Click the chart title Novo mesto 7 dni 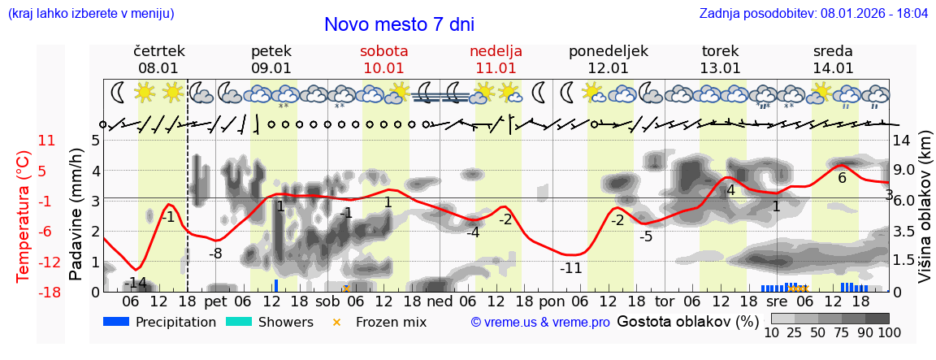[399, 24]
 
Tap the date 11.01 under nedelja [496, 68]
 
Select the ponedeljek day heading [608, 51]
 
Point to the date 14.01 [833, 68]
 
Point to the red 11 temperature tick [46, 141]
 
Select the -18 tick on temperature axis [50, 293]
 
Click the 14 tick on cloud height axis [902, 140]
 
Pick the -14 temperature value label [136, 283]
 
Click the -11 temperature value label [571, 268]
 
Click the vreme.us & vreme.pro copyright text [540, 323]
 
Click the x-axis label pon [552, 301]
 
